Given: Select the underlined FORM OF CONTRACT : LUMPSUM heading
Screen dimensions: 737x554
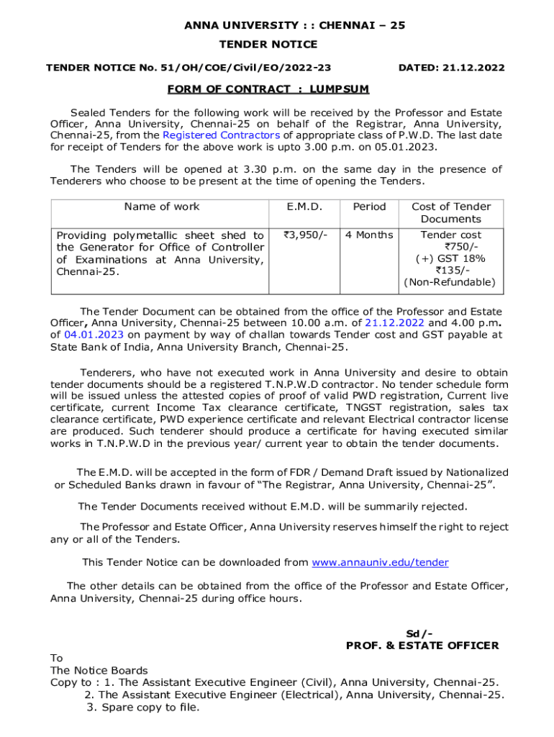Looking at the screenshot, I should [268, 89].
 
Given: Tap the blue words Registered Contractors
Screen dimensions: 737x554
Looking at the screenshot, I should [221, 135].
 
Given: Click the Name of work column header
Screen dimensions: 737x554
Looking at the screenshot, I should [162, 207].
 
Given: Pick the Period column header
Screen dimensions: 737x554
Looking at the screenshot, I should [369, 207].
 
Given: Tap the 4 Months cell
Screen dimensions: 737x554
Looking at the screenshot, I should [369, 235].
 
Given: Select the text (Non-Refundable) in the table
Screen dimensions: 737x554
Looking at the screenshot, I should [450, 282].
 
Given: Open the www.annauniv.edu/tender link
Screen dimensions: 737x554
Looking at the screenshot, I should [380, 562].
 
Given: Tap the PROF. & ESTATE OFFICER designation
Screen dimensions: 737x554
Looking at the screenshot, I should [422, 646].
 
